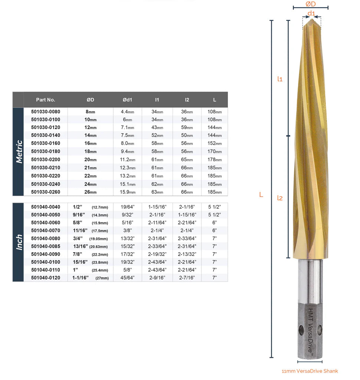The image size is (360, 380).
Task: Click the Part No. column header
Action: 46,100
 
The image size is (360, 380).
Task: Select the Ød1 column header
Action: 127,100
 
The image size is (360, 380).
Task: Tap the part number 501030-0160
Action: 46,143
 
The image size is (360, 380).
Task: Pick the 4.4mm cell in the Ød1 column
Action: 128,112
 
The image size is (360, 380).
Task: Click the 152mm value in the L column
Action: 215,143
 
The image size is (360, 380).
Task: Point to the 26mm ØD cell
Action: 91,192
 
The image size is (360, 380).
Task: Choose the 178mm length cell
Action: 215,160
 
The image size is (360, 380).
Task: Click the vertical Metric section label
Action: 19,152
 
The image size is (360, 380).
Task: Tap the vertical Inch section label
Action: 19,242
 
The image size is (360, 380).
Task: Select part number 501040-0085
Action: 46,246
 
